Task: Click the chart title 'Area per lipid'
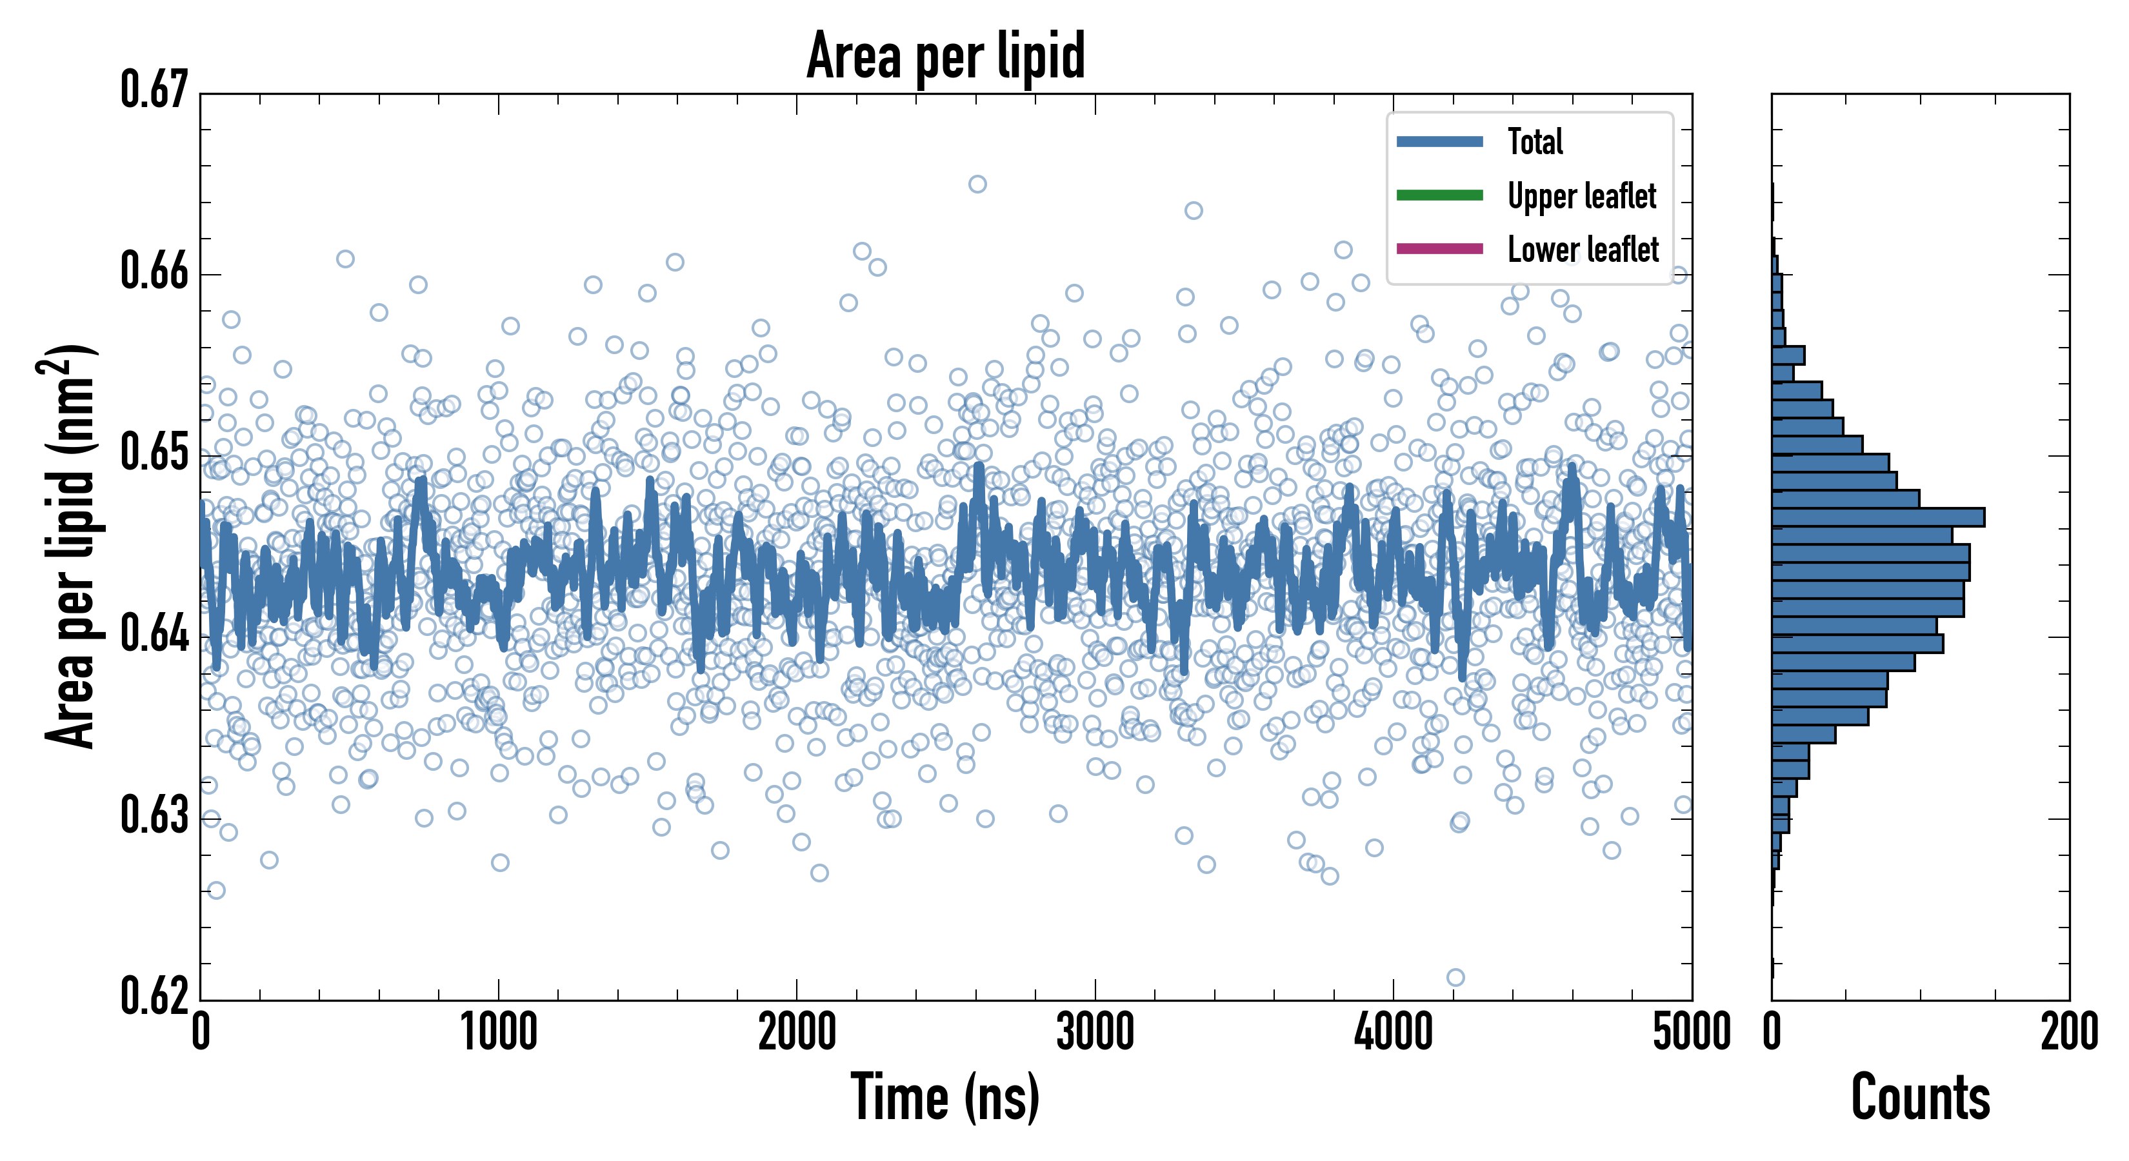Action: (x=946, y=55)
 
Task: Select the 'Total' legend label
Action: (x=1535, y=141)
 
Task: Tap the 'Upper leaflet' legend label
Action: (x=1581, y=196)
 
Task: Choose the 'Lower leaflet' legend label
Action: (x=1583, y=250)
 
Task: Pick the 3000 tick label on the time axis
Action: (x=1095, y=1033)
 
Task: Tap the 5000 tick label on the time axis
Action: (x=1691, y=1033)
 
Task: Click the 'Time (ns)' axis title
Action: (x=946, y=1097)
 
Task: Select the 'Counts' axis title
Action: (x=1920, y=1097)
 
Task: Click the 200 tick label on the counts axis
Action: (x=2068, y=1033)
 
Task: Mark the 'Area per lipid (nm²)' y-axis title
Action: (x=70, y=546)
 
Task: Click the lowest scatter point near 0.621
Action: (x=1455, y=978)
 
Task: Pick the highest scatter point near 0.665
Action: (x=977, y=184)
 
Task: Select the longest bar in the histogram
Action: (x=1878, y=517)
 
